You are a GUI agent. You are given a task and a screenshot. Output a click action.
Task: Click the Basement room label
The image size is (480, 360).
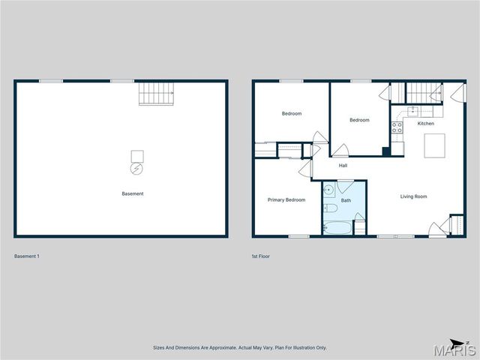[x=132, y=194]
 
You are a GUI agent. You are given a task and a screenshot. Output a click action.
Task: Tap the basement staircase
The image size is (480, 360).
[x=157, y=94]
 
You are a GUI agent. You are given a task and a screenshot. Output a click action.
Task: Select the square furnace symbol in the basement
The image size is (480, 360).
[x=137, y=156]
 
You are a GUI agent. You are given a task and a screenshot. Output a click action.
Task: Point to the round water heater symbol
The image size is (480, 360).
[x=136, y=169]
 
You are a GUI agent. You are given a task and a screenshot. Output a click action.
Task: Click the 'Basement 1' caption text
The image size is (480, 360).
[x=27, y=256]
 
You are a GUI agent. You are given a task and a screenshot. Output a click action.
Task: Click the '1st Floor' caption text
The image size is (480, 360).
[x=261, y=256]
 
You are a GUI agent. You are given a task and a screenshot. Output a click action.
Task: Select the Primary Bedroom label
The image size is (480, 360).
[x=286, y=199]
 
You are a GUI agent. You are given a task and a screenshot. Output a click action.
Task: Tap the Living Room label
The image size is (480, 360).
[x=413, y=196]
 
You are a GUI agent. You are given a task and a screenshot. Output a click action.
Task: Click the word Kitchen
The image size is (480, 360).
[x=425, y=124]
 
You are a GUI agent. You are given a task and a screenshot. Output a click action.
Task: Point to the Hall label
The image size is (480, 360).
[x=343, y=166]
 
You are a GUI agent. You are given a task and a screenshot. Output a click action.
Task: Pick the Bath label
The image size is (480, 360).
[x=346, y=200]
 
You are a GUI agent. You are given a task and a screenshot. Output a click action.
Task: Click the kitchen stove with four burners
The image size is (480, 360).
[x=397, y=128]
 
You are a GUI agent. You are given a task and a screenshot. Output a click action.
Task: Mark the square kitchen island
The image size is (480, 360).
[x=434, y=145]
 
